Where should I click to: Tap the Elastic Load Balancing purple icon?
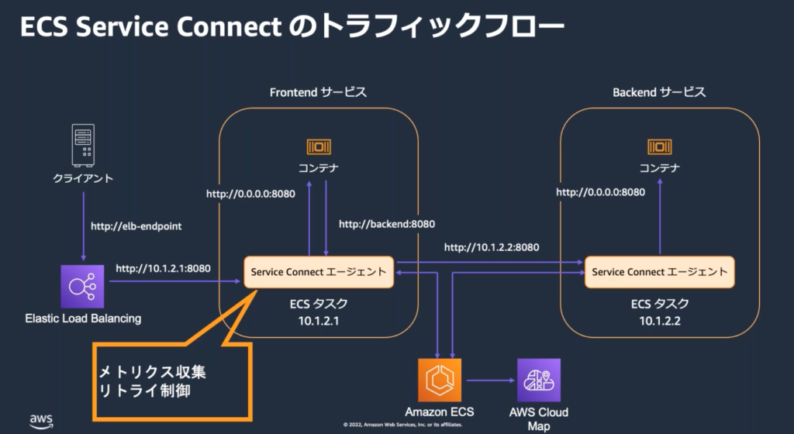[82, 286]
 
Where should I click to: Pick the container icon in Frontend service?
[319, 146]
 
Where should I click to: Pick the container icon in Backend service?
[659, 146]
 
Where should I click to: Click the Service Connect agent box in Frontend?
[319, 272]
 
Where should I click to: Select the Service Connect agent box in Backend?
[659, 272]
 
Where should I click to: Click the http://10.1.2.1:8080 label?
[163, 269]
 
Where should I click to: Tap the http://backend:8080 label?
[387, 224]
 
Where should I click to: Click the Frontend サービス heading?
[318, 92]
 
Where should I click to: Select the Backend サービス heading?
[659, 92]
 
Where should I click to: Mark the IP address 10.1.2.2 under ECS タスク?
[659, 320]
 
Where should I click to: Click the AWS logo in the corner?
[41, 420]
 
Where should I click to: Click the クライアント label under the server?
[82, 178]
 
